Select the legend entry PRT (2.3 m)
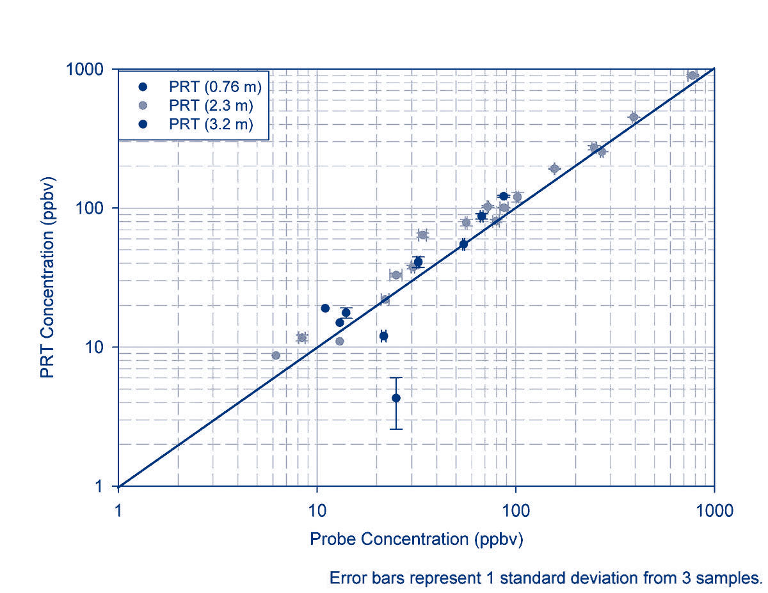coord(211,106)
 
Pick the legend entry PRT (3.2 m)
coord(211,125)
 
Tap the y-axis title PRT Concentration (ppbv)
coord(47,276)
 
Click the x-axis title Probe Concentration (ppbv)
coord(417,539)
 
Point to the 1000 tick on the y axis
coord(86,69)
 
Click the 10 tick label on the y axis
coord(96,347)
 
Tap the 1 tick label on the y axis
coord(101,487)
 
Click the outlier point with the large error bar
coord(396,398)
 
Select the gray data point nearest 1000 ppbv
coord(692,75)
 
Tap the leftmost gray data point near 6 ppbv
coord(276,356)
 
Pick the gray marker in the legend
coord(143,106)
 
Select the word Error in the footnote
coord(346,578)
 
